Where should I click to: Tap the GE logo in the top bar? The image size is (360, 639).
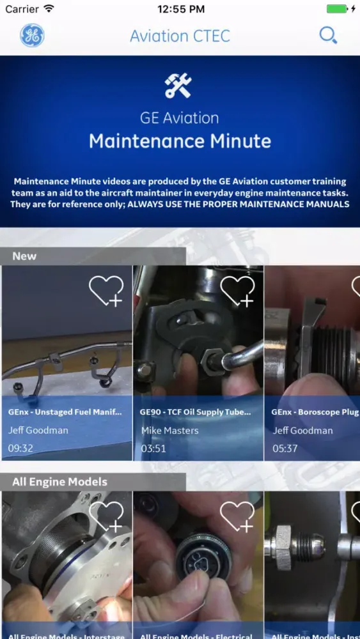(32, 36)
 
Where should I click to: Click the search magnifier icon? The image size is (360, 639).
(328, 36)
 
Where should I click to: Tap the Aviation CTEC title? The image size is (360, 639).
(180, 36)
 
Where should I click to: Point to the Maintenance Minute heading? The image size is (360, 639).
(180, 141)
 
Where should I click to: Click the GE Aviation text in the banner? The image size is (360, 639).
(180, 118)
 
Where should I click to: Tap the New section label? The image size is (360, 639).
(24, 256)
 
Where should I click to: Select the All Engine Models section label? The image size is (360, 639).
(59, 482)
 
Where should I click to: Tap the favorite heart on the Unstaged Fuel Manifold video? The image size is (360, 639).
(106, 291)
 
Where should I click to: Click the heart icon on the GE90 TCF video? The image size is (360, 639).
(237, 291)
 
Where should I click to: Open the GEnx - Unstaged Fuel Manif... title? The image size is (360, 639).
(65, 412)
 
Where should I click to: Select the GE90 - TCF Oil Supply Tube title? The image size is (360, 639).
(195, 412)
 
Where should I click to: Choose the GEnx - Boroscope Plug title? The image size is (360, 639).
(315, 412)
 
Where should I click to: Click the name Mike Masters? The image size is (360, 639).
(169, 430)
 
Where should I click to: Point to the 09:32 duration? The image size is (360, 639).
(20, 448)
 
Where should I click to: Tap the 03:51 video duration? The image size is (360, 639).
(153, 448)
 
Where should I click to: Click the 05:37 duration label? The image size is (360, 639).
(285, 448)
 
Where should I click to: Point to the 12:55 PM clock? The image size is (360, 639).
(181, 9)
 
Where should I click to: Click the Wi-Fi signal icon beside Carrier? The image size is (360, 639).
(49, 9)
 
